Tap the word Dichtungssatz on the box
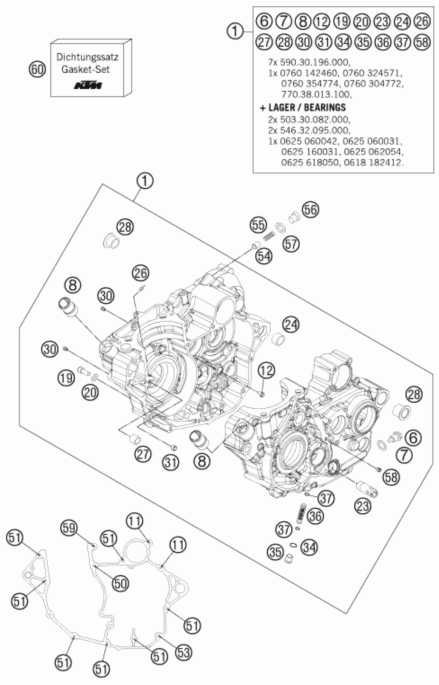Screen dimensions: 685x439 click(87, 57)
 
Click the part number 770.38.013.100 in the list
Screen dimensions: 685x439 click(316, 94)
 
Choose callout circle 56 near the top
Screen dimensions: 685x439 click(311, 210)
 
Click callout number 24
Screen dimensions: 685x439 click(291, 325)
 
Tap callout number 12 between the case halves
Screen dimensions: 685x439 click(266, 370)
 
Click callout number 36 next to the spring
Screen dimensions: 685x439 click(316, 516)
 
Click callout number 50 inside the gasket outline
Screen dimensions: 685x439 click(121, 584)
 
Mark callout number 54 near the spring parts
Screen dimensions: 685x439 click(264, 256)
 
